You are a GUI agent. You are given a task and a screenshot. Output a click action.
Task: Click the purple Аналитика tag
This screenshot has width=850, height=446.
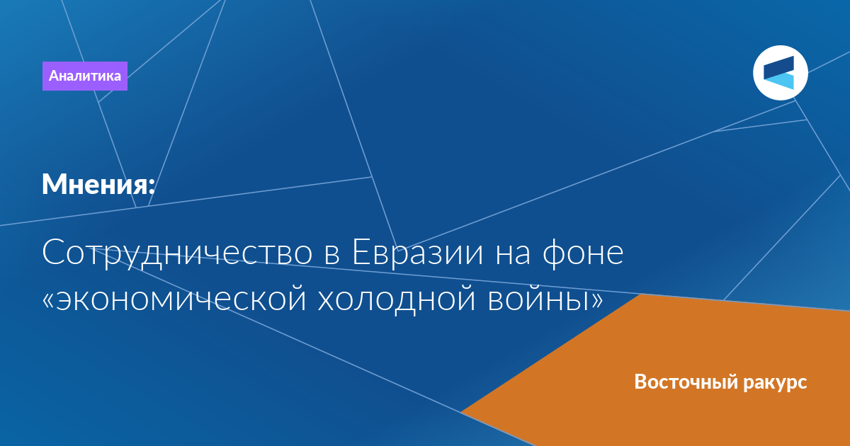coord(84,76)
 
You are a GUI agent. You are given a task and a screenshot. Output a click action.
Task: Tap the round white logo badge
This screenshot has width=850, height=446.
coord(781,73)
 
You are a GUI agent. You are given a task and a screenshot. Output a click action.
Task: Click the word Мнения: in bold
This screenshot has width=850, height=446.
coord(98,184)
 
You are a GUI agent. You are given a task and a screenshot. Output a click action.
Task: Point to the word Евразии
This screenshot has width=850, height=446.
coord(418,253)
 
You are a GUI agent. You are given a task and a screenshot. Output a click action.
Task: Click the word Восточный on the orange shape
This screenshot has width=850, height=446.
coord(686,382)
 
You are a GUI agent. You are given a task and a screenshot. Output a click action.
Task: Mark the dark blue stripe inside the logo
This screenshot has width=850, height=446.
coord(778,68)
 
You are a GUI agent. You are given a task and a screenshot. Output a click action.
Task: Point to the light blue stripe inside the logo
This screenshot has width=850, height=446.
coord(780,81)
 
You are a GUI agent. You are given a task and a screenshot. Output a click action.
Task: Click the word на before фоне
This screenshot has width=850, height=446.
coord(513,254)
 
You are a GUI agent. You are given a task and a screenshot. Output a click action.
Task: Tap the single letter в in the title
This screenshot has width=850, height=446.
coord(332,254)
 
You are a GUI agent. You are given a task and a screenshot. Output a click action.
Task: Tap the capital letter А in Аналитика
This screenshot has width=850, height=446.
coord(54,76)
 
